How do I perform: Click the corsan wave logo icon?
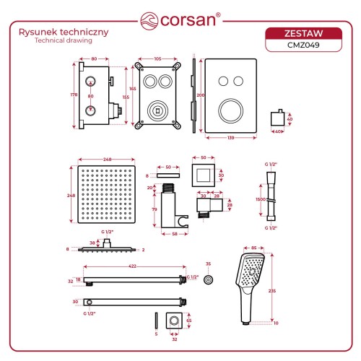[149, 21]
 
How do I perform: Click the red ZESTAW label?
[303, 33]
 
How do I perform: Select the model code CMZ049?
[303, 45]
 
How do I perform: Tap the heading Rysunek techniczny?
[64, 32]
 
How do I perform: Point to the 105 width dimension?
[157, 58]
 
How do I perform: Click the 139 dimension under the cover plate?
[231, 138]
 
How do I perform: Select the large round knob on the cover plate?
[231, 111]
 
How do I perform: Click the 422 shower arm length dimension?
[132, 266]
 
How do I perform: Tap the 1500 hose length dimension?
[261, 199]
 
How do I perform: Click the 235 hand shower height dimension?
[272, 291]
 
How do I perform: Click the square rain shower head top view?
[106, 194]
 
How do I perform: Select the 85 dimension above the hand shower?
[253, 248]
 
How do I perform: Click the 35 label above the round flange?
[208, 264]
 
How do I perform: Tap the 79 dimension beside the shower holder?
[155, 209]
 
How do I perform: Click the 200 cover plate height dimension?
[201, 95]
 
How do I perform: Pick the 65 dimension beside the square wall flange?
[189, 321]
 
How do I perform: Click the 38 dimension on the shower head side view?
[92, 243]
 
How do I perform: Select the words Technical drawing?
[64, 40]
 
